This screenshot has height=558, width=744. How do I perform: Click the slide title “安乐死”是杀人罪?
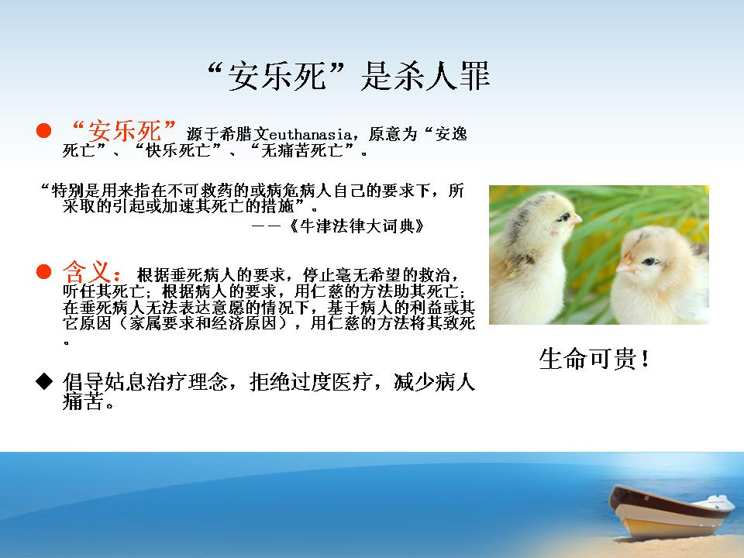point(349,76)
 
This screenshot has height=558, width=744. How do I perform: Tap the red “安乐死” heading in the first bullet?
point(123,130)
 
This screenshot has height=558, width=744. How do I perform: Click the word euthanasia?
point(310,134)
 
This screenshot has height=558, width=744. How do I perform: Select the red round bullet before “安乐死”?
point(43,130)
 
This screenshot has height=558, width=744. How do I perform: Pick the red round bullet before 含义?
point(43,272)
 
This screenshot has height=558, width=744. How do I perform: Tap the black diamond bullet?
point(44,381)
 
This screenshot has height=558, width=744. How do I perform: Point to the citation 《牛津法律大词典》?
point(356,226)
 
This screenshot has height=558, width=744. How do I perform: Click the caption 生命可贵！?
point(594,359)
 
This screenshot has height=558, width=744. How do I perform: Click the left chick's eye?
point(564,217)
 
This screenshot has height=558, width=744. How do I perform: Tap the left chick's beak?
point(577,219)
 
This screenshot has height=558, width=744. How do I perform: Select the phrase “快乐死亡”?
point(178,151)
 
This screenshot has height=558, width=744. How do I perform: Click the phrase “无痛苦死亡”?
point(301,151)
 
